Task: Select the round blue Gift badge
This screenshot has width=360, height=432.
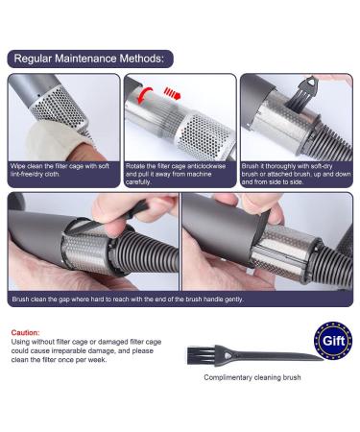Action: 332,342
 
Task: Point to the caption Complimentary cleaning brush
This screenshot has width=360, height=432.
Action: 245,377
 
